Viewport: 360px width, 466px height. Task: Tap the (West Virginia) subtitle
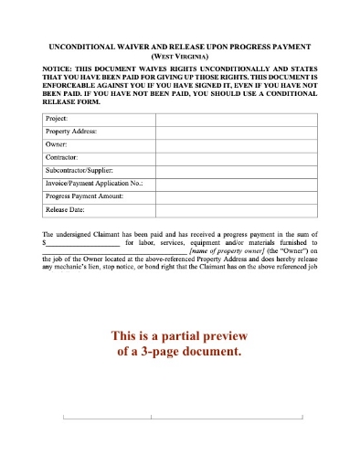coord(181,55)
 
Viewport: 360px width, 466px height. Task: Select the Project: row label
coord(58,118)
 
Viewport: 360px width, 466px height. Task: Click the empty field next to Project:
coord(233,118)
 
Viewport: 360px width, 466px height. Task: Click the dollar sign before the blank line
coord(45,243)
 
